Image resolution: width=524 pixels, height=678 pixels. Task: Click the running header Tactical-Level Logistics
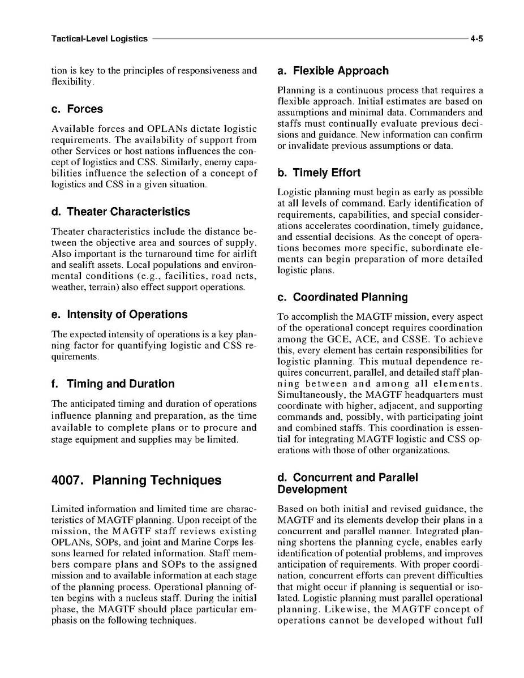99,39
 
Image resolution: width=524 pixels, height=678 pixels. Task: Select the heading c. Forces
77,109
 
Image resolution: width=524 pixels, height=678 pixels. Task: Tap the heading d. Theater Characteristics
121,212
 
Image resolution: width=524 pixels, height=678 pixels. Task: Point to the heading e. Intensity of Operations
119,315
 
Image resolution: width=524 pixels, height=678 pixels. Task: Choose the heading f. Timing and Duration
113,384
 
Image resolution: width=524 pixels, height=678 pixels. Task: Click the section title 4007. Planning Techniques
136,481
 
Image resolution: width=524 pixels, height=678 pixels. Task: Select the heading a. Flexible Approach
333,71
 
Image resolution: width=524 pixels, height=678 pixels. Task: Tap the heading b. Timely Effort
319,173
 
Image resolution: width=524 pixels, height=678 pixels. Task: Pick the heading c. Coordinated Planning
342,298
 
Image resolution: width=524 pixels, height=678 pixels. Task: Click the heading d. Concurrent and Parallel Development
347,483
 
